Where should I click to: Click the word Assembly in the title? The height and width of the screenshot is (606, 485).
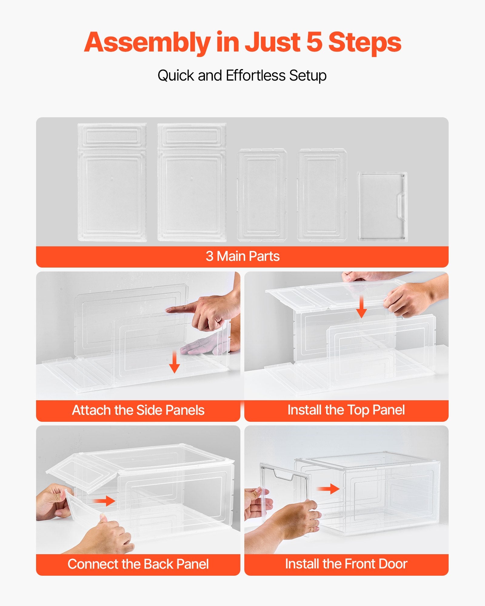[147, 42]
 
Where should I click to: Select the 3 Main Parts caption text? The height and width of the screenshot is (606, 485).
[242, 256]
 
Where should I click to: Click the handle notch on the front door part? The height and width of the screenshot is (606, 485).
[401, 208]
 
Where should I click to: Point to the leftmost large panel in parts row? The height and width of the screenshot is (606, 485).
[112, 183]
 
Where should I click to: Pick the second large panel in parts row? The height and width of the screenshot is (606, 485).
[192, 183]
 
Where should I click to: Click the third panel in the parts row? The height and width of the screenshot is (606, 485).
[262, 195]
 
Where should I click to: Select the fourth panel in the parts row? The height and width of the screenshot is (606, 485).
[322, 195]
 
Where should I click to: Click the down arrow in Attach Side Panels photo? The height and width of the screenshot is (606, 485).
[174, 363]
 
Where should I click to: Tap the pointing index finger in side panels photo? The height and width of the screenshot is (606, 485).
[182, 309]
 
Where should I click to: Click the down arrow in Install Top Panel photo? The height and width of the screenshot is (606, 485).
[361, 307]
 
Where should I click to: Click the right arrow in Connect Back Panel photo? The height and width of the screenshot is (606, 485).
[105, 501]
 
